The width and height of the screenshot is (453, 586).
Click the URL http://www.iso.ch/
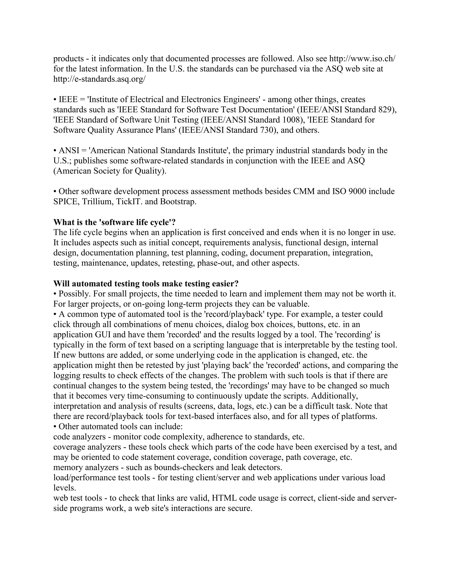[x=362, y=59]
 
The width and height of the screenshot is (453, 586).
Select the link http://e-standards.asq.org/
[x=99, y=79]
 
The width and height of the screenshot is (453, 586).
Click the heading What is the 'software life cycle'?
[x=114, y=222]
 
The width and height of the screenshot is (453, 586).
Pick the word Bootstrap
[x=178, y=201]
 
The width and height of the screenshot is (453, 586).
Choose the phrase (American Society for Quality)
[x=110, y=171]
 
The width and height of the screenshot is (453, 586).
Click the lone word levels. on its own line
[x=65, y=488]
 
